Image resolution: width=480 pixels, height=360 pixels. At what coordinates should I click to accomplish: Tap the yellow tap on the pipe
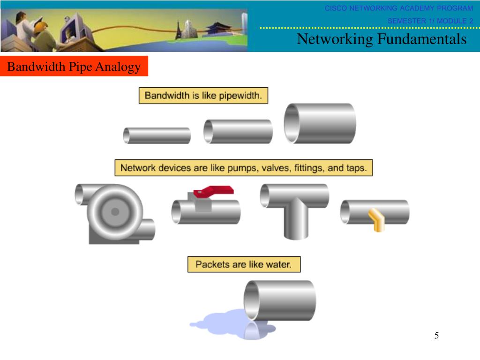pyautogui.click(x=376, y=220)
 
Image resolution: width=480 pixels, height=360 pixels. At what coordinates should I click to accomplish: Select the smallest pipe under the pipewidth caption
pyautogui.click(x=157, y=135)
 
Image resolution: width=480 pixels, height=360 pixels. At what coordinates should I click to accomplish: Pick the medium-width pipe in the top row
pyautogui.click(x=238, y=131)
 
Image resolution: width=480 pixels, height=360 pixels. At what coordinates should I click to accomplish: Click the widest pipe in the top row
pyautogui.click(x=320, y=123)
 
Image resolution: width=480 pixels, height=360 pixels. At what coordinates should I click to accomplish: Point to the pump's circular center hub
pyautogui.click(x=115, y=212)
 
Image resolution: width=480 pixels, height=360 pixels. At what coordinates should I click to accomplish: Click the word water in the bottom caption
pyautogui.click(x=278, y=264)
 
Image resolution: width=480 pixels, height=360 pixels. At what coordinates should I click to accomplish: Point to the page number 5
pyautogui.click(x=436, y=336)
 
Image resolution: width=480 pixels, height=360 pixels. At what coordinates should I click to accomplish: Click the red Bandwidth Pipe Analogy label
pyautogui.click(x=74, y=67)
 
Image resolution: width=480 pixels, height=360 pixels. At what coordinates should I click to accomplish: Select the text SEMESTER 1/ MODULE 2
pyautogui.click(x=430, y=21)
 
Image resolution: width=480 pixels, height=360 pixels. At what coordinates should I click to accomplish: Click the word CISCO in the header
pyautogui.click(x=336, y=8)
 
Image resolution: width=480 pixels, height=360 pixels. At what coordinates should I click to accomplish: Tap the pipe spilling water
pyautogui.click(x=280, y=300)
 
